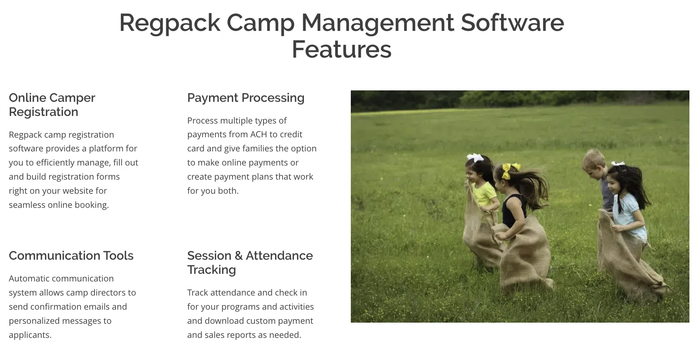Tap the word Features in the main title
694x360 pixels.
(x=342, y=50)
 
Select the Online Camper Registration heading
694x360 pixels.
(x=52, y=105)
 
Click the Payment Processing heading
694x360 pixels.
(x=246, y=98)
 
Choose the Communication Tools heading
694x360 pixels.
(x=71, y=256)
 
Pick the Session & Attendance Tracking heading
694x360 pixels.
(x=250, y=263)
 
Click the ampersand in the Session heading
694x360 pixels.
(x=239, y=256)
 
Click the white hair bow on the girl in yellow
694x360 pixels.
(x=475, y=157)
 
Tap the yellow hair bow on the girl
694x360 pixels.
(x=509, y=170)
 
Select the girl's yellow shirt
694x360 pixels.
(x=484, y=194)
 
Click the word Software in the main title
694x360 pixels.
(x=512, y=23)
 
